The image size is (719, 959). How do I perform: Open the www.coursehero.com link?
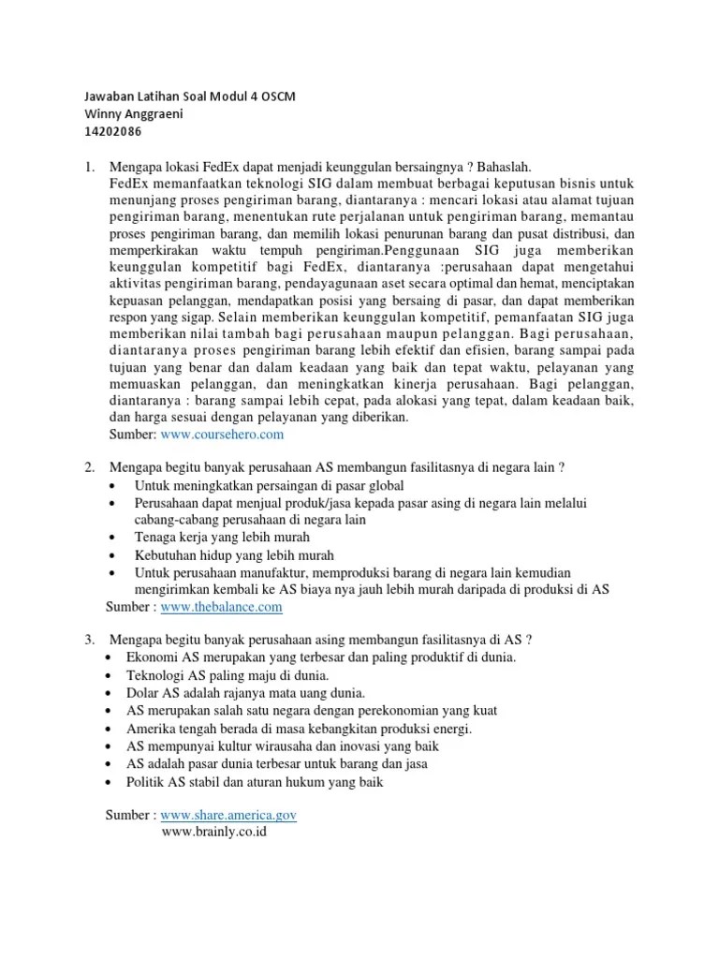tap(222, 435)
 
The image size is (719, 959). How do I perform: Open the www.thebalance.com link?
tap(221, 607)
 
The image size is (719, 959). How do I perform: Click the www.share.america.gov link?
tap(228, 815)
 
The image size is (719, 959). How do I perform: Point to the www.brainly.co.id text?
tap(214, 831)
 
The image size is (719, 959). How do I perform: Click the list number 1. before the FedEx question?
tap(90, 167)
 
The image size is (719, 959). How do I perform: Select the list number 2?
tap(90, 468)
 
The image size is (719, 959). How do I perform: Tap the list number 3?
tap(90, 641)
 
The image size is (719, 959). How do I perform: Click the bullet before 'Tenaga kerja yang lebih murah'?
tap(113, 539)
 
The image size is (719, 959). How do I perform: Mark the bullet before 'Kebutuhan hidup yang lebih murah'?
tap(113, 555)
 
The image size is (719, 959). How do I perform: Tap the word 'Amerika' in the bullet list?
tap(154, 729)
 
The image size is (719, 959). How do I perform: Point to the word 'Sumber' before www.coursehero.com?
tap(132, 435)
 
